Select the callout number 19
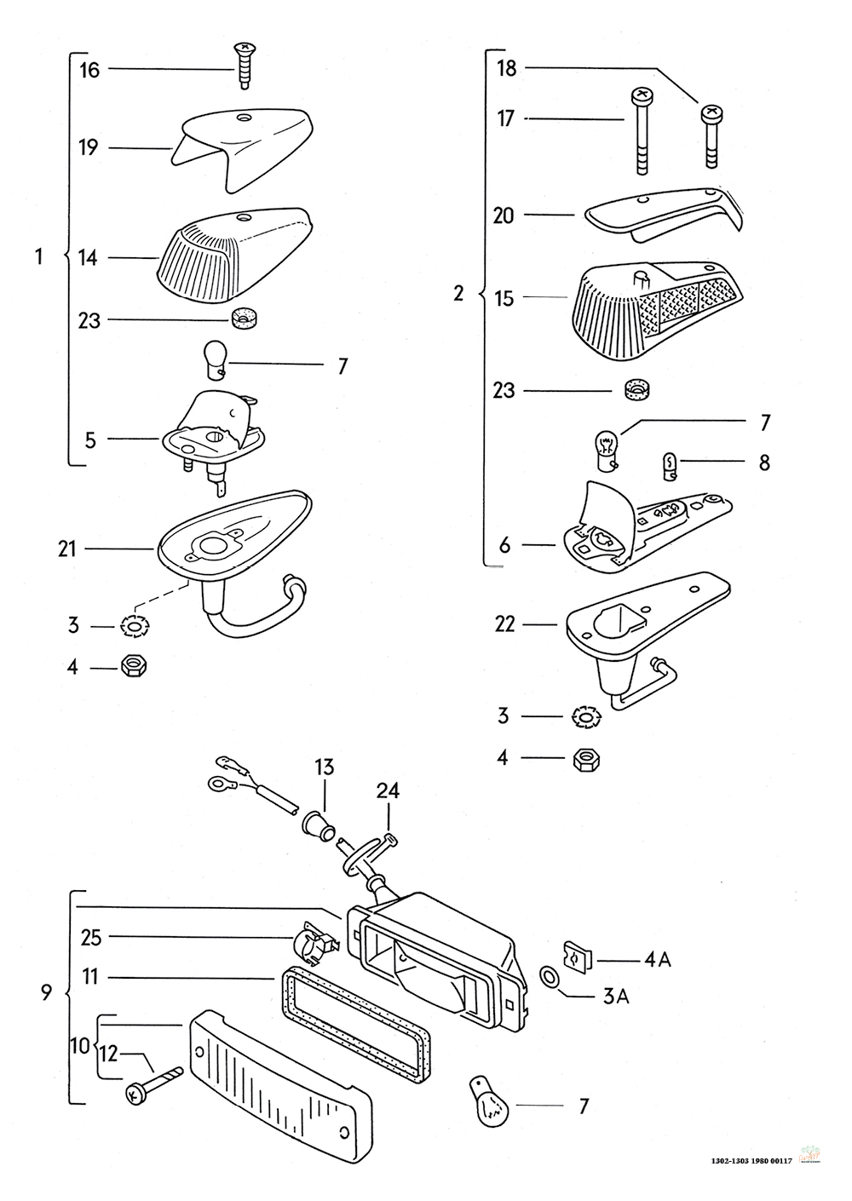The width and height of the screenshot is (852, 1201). coord(89,147)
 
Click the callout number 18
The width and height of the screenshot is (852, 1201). coord(506,68)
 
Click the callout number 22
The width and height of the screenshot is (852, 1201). coord(504,624)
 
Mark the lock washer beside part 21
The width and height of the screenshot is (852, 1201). coord(135,627)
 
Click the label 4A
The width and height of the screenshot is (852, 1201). coord(657,960)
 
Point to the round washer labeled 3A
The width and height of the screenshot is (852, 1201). coord(550,976)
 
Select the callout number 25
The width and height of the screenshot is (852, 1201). coord(92,938)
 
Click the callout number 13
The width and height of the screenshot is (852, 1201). coord(325,767)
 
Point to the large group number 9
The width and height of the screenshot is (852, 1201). coord(47,992)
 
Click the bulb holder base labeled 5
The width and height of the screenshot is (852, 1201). coord(213,434)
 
